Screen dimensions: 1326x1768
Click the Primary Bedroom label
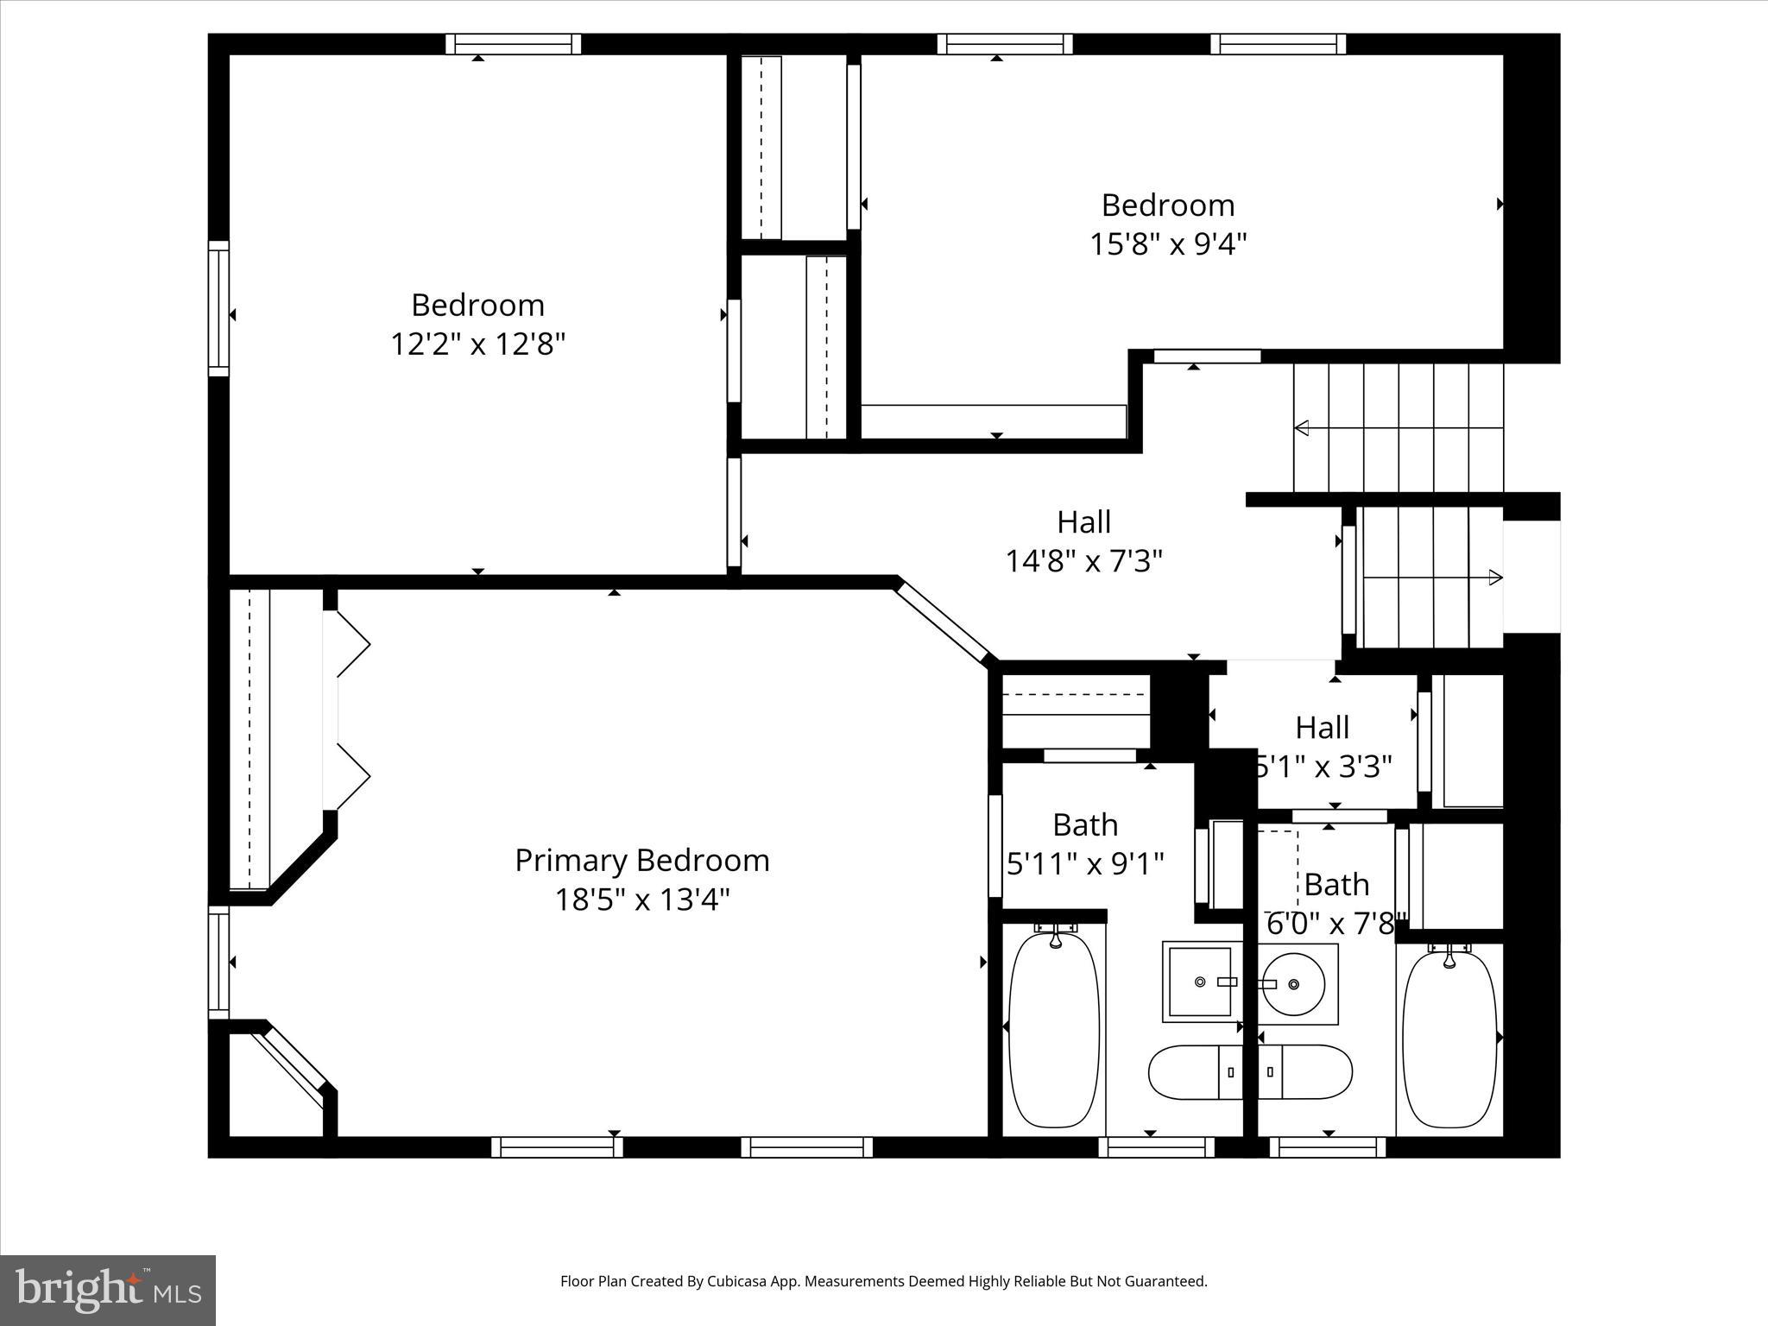click(x=641, y=860)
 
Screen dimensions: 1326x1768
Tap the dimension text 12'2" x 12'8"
click(x=477, y=344)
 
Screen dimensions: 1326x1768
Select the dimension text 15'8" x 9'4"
click(x=1168, y=244)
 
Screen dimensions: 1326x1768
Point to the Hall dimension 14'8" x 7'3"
click(x=1084, y=562)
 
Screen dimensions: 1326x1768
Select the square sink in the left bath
click(x=1201, y=982)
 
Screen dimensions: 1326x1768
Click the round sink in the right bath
click(x=1292, y=984)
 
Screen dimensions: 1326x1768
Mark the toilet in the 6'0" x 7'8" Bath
click(x=1305, y=1072)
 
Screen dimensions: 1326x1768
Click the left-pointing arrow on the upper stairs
click(x=1303, y=427)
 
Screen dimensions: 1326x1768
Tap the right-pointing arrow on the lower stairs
click(x=1495, y=578)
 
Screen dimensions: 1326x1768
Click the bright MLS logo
click(x=108, y=1290)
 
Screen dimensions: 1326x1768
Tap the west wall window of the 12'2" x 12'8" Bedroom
click(x=219, y=308)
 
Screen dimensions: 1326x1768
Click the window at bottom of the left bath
click(x=1157, y=1146)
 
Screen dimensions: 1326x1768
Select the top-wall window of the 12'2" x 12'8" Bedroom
click(x=513, y=44)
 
